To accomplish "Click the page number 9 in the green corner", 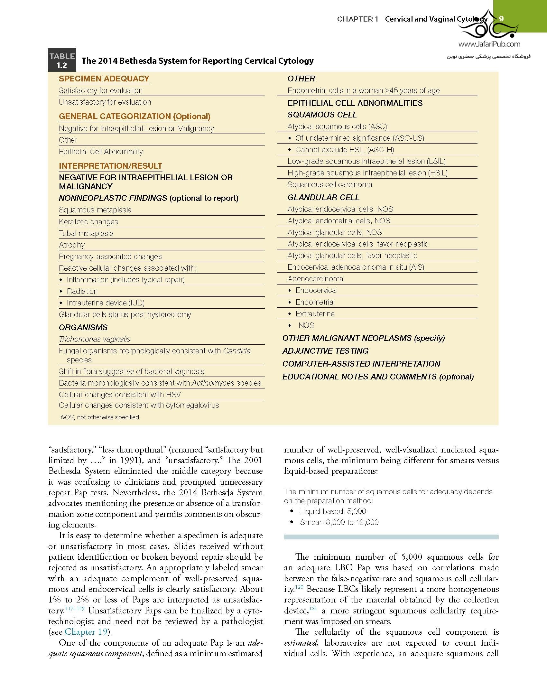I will (x=501, y=19).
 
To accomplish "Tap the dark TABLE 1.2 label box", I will (x=62, y=61).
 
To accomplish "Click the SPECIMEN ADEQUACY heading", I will (x=104, y=79).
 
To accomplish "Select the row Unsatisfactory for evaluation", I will (x=105, y=102).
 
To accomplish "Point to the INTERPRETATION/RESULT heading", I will (x=110, y=166).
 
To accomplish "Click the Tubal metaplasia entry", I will (x=86, y=233).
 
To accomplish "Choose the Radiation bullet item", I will (x=82, y=291).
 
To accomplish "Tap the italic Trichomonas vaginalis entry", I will (x=94, y=339).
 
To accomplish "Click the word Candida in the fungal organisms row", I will (x=236, y=351).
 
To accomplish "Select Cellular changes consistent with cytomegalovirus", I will (x=139, y=405).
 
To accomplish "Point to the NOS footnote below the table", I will (x=100, y=417).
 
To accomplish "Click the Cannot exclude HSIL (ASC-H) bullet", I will (x=344, y=150).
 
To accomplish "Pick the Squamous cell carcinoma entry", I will (x=329, y=184).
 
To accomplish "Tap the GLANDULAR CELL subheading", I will (x=323, y=197).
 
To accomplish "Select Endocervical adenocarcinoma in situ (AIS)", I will (x=356, y=267).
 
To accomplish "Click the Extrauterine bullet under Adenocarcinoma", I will (x=315, y=314).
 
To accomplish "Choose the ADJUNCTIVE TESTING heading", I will (x=325, y=351).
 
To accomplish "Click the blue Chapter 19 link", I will (x=86, y=632).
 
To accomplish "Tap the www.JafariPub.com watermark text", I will (x=489, y=44).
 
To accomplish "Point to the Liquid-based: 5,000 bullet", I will (x=333, y=511).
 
